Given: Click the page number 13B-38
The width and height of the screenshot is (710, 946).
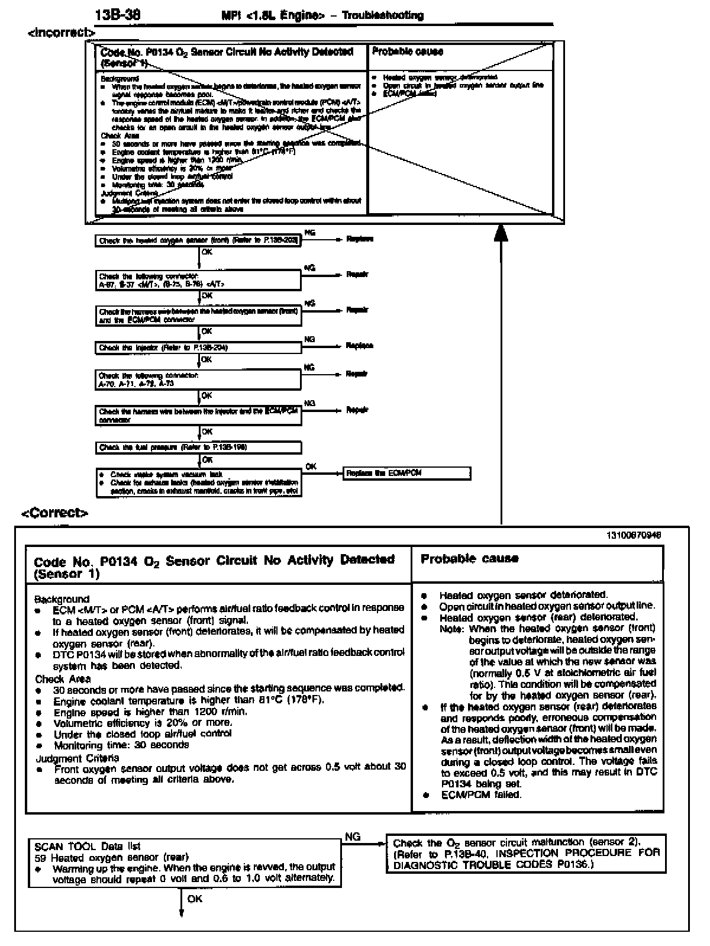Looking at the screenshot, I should click(118, 15).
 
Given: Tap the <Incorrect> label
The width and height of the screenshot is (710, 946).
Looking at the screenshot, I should click(61, 33).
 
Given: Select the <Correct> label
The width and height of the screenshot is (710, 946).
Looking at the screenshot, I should click(55, 513).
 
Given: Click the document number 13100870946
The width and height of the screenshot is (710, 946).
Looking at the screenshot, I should click(634, 535).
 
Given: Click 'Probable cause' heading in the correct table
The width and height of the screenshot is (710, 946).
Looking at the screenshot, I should click(469, 558).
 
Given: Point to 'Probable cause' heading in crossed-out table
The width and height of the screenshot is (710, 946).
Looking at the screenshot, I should click(407, 52).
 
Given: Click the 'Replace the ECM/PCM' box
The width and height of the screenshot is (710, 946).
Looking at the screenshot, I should click(407, 473).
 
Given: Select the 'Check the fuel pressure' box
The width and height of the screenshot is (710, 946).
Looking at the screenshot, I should click(198, 448).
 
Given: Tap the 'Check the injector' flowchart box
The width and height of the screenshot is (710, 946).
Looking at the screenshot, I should click(198, 347).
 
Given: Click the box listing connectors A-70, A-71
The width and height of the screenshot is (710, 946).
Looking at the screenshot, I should click(198, 379).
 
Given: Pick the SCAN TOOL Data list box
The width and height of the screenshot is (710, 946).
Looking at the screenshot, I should click(185, 862).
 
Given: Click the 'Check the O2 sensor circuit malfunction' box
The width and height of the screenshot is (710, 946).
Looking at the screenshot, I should click(526, 853).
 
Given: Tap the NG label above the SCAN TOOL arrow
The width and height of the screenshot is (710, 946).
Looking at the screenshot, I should click(353, 836).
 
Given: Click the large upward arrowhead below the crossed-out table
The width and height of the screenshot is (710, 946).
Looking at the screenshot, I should click(501, 233).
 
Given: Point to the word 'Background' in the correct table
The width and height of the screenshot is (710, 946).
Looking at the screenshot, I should click(62, 599).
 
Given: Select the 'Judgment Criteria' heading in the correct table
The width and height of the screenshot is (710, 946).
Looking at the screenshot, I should click(77, 758).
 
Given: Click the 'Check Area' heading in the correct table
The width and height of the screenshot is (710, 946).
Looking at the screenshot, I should click(63, 678).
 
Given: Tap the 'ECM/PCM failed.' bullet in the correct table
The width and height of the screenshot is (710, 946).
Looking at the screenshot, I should click(481, 794).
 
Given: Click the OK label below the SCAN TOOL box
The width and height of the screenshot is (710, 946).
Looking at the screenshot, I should click(195, 899).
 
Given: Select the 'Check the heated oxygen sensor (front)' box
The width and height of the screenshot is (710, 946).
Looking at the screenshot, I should click(198, 241).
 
